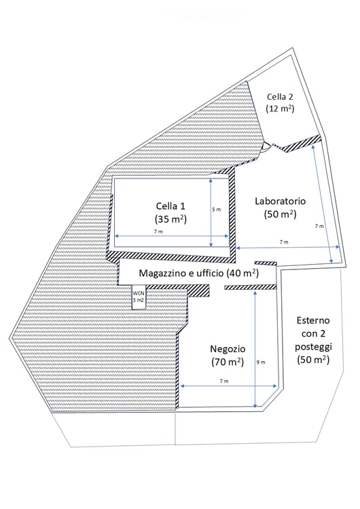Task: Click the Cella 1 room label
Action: click(x=170, y=206)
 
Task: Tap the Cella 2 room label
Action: click(x=280, y=96)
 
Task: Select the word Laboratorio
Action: click(x=280, y=201)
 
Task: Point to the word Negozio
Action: click(x=228, y=349)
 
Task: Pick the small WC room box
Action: click(x=139, y=297)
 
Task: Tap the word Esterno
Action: click(x=313, y=320)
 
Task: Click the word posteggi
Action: click(x=313, y=346)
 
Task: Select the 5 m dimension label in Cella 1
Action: click(x=217, y=210)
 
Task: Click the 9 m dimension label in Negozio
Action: click(x=261, y=362)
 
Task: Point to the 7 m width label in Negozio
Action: click(x=224, y=381)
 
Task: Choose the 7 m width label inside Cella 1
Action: click(x=158, y=231)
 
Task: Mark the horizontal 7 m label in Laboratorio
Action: click(x=284, y=242)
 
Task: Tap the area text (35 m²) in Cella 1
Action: click(x=170, y=219)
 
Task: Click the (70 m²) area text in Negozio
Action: click(x=228, y=362)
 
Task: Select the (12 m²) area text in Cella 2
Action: click(x=280, y=109)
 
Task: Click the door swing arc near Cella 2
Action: click(x=266, y=147)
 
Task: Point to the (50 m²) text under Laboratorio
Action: click(x=280, y=214)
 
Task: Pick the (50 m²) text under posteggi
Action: click(x=313, y=360)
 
